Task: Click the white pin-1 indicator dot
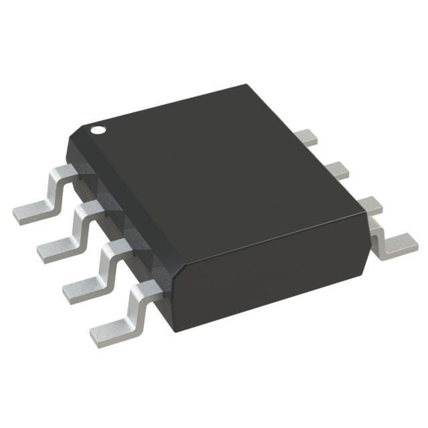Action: tap(98, 128)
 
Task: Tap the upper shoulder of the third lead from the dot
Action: tap(115, 247)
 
